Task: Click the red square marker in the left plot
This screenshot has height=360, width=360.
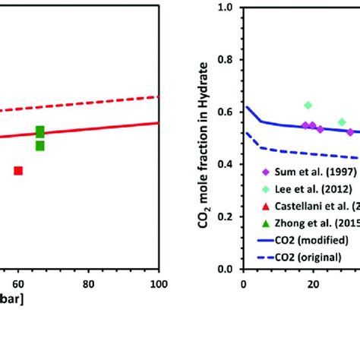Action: pyautogui.click(x=18, y=170)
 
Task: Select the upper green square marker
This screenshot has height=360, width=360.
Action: pyautogui.click(x=39, y=131)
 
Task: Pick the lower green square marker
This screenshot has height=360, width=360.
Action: pyautogui.click(x=39, y=145)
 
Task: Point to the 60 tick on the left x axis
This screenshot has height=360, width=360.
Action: pyautogui.click(x=16, y=284)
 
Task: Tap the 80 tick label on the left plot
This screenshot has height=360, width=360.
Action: pyautogui.click(x=87, y=284)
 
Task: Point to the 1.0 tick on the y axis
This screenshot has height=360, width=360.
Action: pyautogui.click(x=226, y=8)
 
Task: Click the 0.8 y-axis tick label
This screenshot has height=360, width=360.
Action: pyautogui.click(x=226, y=60)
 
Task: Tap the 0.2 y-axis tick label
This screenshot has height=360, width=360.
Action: pyautogui.click(x=226, y=217)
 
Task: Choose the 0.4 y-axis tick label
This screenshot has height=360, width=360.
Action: pyautogui.click(x=226, y=165)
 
